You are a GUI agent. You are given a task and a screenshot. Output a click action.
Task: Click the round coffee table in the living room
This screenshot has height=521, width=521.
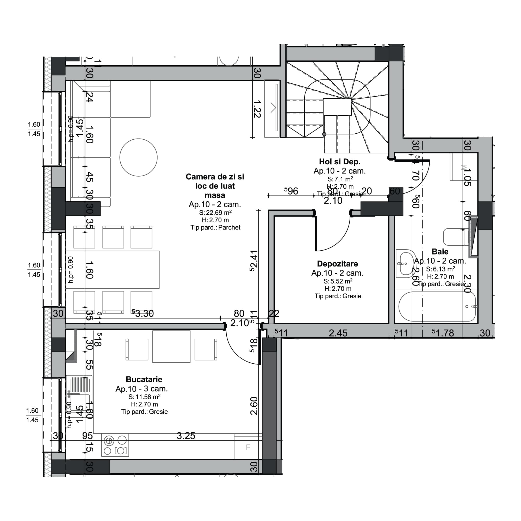click(138, 158)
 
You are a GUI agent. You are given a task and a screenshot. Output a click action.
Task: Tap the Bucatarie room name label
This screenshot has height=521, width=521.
click(144, 380)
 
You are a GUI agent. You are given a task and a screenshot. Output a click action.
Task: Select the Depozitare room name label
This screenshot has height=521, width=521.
click(337, 264)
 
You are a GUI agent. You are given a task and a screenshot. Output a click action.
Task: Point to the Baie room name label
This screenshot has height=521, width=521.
click(440, 252)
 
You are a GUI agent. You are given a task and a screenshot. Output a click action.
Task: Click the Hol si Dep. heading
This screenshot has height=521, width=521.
click(339, 162)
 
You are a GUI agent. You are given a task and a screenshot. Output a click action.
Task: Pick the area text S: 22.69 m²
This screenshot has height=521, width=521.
click(215, 213)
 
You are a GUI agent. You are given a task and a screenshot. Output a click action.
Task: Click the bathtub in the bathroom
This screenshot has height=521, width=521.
click(437, 306)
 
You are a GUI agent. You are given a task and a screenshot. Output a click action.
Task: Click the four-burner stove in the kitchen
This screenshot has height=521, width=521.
click(115, 445)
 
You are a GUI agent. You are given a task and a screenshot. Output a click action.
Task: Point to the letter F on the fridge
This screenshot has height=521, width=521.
click(248, 447)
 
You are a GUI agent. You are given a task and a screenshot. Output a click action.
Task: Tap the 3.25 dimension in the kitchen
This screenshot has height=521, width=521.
click(186, 436)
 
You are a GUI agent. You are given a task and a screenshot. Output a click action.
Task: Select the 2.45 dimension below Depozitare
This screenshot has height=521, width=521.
click(338, 333)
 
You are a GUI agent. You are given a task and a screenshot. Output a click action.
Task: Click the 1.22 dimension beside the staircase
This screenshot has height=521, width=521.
click(257, 109)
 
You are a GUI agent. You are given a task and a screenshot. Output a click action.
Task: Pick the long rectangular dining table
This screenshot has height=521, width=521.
click(113, 269)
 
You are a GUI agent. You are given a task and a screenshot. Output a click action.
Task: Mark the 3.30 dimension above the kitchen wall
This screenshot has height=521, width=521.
click(144, 314)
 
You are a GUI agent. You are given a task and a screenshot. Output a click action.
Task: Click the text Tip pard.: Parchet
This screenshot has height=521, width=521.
click(215, 228)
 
